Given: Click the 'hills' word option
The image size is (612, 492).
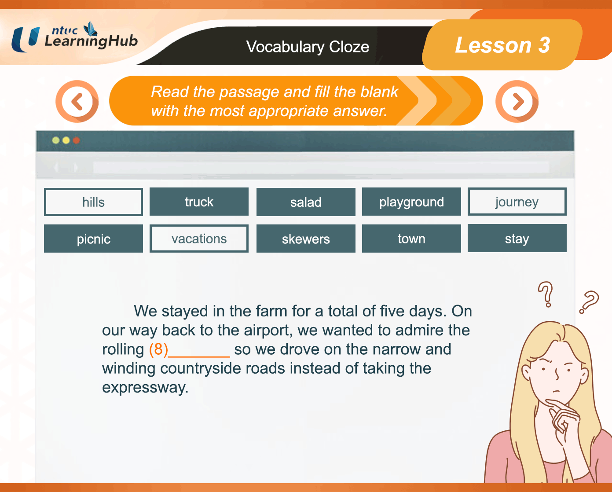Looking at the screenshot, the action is point(93,202).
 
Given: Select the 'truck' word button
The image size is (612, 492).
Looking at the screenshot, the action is point(199,202).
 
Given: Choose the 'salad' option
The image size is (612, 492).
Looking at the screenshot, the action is point(306,202).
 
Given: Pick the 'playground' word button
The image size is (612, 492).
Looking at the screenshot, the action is point(411,202).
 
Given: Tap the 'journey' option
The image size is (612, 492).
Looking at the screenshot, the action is point(517,202).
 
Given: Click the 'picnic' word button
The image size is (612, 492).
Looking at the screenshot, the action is point(93,239).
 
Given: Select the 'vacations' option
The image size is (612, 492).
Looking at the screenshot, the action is point(199,239).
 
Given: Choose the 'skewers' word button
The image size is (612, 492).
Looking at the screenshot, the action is point(306,239).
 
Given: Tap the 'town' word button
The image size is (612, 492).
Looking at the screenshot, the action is point(411,239).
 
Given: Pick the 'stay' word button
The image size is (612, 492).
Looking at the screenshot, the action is point(517,238).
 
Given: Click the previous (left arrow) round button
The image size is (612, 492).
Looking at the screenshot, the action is point(77,102).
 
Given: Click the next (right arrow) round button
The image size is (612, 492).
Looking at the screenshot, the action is point(517,102).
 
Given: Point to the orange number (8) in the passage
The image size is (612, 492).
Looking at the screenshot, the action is point(159,349).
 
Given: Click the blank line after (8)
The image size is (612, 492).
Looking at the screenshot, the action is point(199,356).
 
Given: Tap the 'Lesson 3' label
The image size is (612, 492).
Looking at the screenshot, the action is point(502,45).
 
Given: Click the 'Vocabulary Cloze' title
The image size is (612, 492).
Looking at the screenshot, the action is point(308,47).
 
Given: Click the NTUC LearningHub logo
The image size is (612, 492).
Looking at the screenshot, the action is point(74,37).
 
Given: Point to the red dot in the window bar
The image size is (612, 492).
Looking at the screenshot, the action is point(76,140).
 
